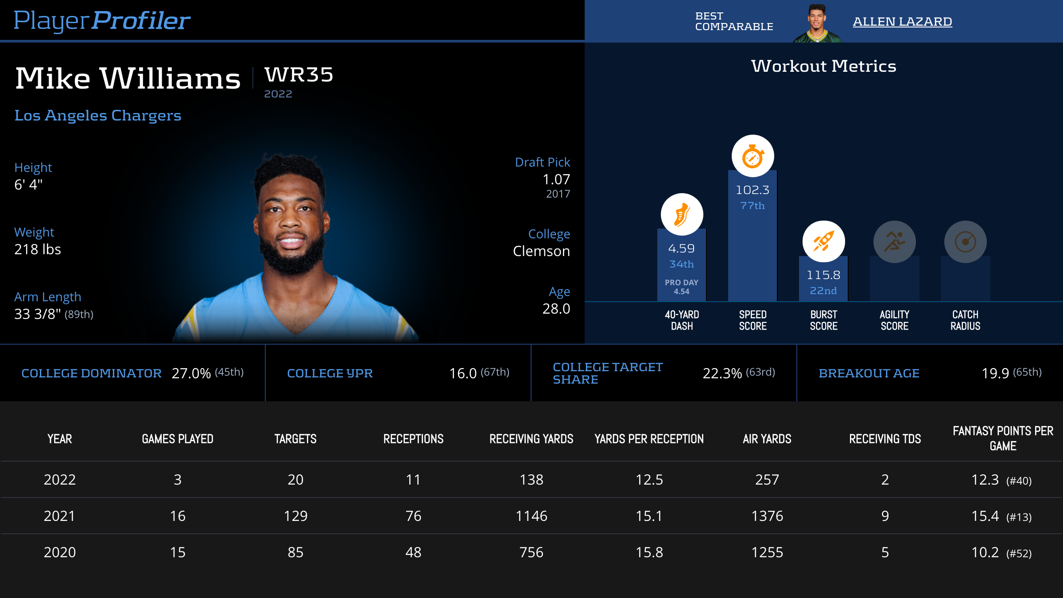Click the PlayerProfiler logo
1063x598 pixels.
[102, 21]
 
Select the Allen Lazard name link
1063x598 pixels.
[902, 22]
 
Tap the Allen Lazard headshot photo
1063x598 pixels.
[817, 23]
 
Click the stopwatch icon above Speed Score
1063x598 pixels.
[753, 156]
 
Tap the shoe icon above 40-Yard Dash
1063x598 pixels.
[682, 214]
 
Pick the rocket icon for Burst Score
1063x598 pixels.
[823, 242]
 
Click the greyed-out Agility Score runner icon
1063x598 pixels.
[894, 242]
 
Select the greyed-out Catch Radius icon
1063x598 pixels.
[965, 242]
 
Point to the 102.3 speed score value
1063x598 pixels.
[753, 190]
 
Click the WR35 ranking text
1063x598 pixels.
[299, 75]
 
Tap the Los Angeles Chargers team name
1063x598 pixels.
[98, 116]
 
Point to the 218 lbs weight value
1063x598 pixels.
[38, 249]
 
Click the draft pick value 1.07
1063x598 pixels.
[556, 179]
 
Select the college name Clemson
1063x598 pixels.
[541, 251]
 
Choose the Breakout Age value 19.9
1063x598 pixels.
[995, 373]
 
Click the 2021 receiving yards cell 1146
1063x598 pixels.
[531, 516]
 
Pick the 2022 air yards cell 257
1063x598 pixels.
[767, 480]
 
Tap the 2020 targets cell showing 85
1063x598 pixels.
[295, 552]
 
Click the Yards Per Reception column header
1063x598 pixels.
[649, 439]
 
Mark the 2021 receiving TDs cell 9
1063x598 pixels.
[885, 516]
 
